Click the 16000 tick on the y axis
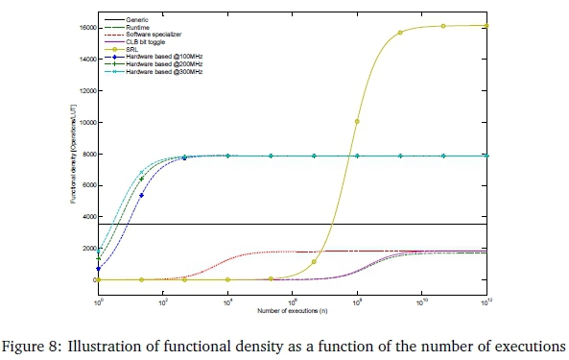point(84,27)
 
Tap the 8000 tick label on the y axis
point(86,154)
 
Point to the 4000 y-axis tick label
point(86,217)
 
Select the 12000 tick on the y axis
point(84,90)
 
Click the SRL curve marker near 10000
point(357,122)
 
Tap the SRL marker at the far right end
point(486,26)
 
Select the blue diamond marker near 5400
point(141,195)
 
